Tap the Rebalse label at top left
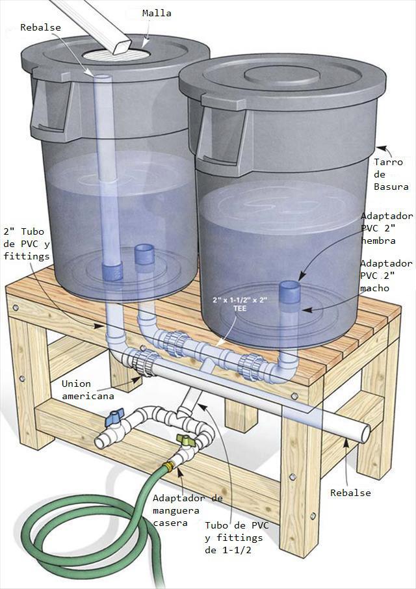coord(40,27)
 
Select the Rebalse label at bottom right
coord(350,492)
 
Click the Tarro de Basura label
coord(388,174)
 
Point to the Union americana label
coord(88,389)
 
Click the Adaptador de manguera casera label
coord(187,510)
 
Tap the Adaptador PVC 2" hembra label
coord(386,228)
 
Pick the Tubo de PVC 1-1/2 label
coord(233,537)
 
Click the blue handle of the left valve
coord(117,413)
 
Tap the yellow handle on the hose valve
coord(185,441)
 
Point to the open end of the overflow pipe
coord(365,432)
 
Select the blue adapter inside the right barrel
coord(289,293)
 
